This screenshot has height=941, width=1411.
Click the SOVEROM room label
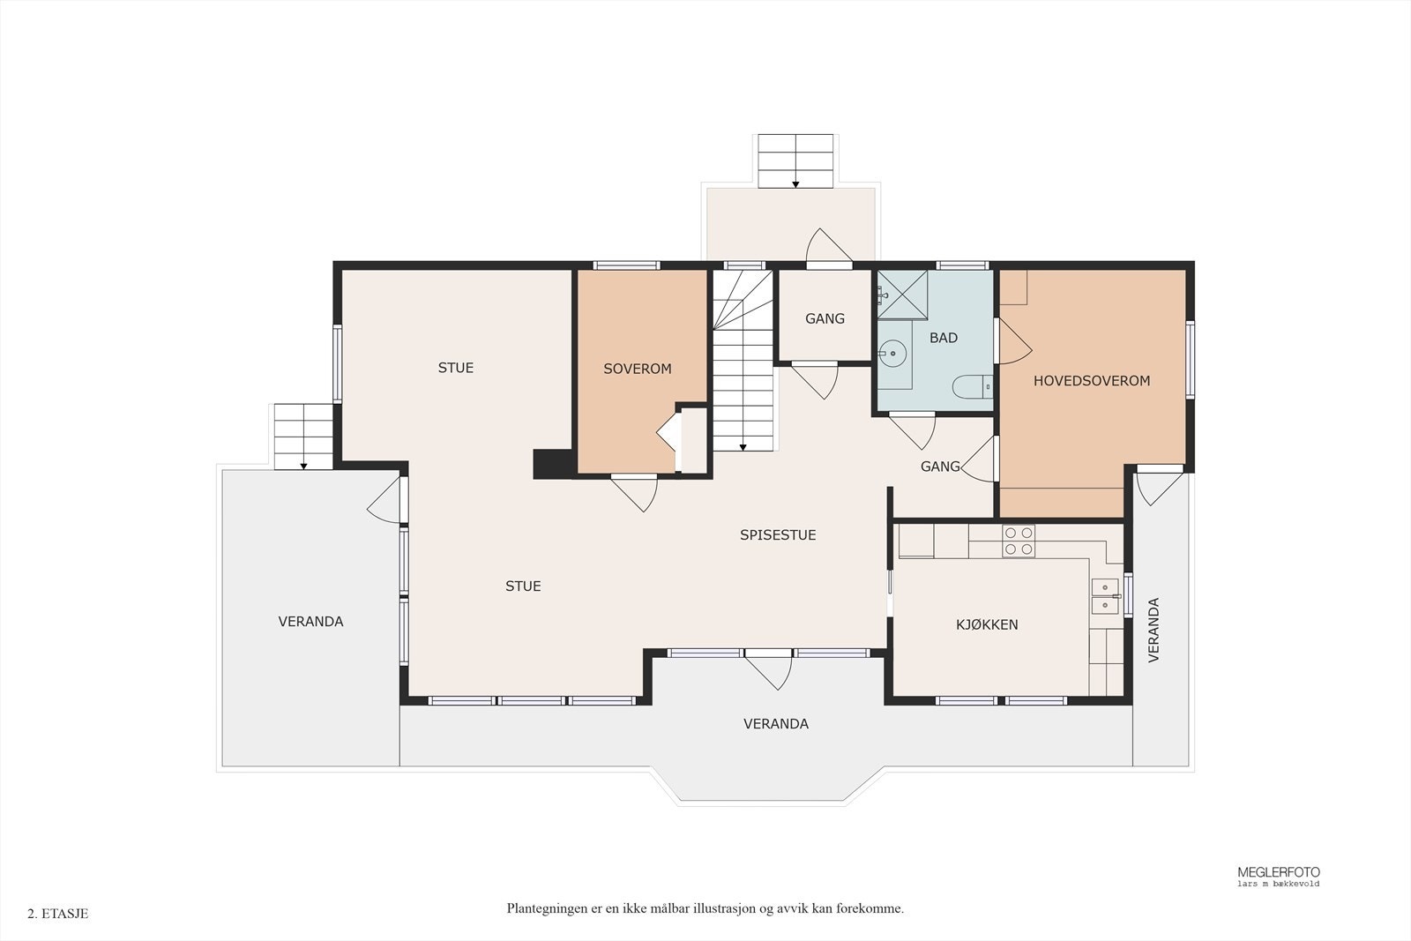638,370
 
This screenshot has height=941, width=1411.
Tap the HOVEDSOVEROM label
1092,380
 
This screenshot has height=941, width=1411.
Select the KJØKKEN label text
987,624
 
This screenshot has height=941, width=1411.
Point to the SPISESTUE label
778,534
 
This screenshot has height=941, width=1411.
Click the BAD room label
944,338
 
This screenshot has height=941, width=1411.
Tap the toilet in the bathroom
972,386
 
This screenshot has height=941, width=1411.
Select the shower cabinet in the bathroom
903,295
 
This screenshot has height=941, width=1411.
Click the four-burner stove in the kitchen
1019,541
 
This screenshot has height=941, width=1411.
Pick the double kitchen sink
1105,596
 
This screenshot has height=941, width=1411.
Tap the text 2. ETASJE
58,914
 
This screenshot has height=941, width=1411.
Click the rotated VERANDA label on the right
1153,630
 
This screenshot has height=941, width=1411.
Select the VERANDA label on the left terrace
310,622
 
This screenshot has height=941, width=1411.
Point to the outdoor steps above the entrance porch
795,161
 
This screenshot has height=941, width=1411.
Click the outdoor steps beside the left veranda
303,437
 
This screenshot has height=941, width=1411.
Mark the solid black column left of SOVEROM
553,464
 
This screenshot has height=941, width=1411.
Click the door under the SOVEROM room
634,492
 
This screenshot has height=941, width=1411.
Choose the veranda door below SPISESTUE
768,671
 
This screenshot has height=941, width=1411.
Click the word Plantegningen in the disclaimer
541,909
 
